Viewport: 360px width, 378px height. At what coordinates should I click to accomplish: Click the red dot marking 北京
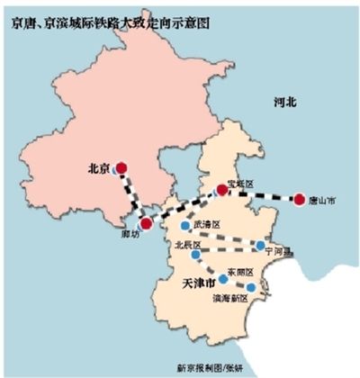tap(121, 166)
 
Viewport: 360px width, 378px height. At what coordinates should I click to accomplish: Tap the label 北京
tap(98, 166)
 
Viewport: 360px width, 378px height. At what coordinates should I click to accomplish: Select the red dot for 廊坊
tap(146, 223)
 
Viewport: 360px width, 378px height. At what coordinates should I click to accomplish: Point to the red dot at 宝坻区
tap(220, 189)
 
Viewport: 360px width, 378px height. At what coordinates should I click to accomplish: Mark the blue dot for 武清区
tap(184, 226)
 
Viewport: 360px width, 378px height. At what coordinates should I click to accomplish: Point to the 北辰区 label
tap(186, 243)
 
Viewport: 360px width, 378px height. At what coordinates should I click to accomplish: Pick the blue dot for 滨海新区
tap(251, 288)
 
